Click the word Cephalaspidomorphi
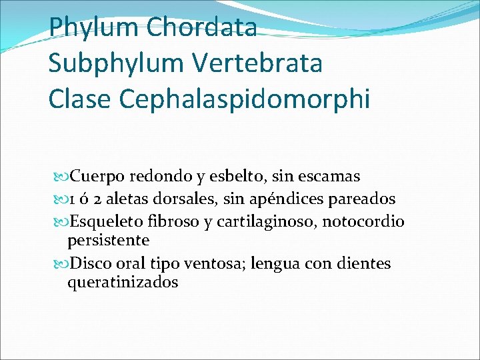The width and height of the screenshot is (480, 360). (x=245, y=100)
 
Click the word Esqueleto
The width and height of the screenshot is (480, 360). (x=107, y=221)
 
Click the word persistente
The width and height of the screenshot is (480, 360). (x=108, y=239)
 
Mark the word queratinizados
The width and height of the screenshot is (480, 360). (x=123, y=282)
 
